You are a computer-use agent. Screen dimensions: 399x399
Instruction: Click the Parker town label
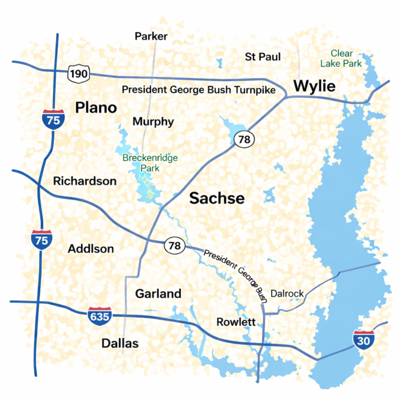click(151, 36)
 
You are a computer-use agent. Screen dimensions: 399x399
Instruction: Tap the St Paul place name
click(263, 56)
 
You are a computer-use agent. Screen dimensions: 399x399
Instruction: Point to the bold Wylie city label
click(314, 86)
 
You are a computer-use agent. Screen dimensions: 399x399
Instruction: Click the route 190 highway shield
click(78, 74)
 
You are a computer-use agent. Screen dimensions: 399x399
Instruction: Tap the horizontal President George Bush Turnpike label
click(198, 90)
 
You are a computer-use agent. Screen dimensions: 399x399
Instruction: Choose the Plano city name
click(96, 108)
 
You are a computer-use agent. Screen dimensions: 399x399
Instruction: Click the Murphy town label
click(153, 122)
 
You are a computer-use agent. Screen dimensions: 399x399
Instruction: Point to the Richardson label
click(85, 181)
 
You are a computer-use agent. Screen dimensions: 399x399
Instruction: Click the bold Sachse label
click(217, 198)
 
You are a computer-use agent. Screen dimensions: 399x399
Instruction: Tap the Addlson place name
click(91, 249)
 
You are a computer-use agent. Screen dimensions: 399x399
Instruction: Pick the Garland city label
click(158, 294)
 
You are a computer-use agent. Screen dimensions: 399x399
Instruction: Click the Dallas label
click(120, 343)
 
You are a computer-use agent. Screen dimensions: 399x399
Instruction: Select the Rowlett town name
click(236, 322)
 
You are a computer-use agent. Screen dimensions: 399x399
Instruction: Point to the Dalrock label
click(287, 294)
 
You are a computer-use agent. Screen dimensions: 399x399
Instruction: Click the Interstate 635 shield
click(99, 315)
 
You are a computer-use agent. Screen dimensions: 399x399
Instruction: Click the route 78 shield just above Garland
click(175, 245)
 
